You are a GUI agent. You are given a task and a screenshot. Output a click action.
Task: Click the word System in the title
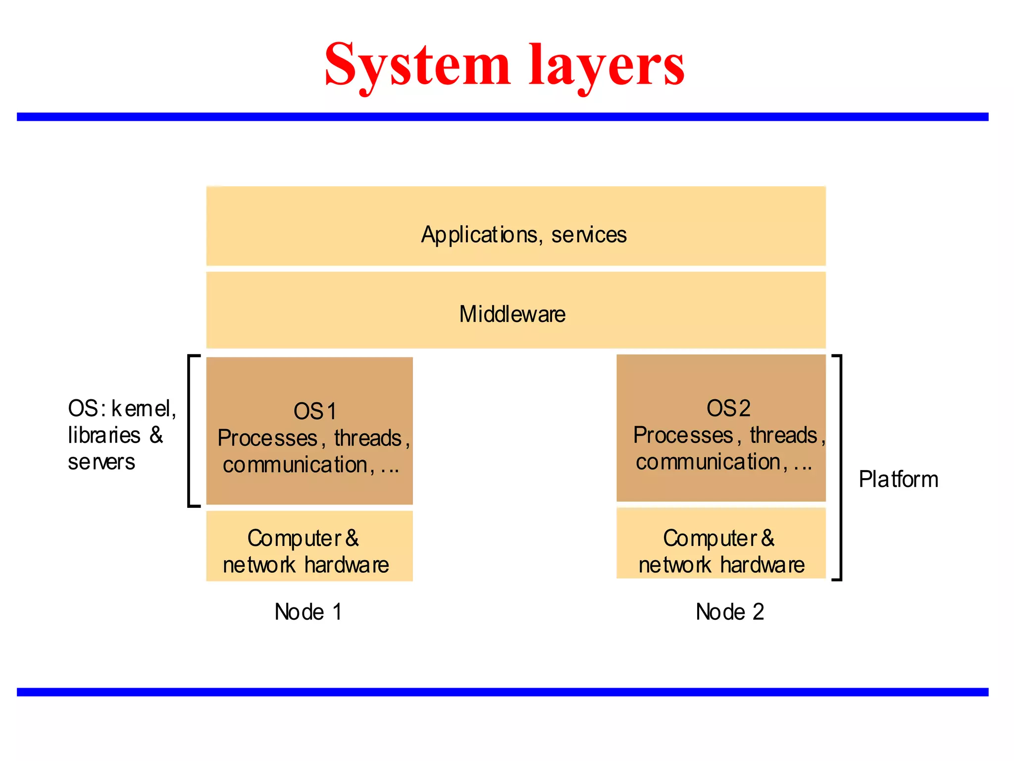417,65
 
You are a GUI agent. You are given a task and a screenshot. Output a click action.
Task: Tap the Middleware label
512,314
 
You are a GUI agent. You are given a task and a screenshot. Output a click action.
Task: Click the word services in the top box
589,235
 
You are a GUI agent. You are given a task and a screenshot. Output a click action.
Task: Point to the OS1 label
315,411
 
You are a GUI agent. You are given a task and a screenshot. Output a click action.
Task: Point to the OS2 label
728,408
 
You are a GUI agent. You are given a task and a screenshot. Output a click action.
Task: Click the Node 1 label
308,612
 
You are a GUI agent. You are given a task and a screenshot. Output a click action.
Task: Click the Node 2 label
729,612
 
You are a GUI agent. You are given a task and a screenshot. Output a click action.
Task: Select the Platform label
898,479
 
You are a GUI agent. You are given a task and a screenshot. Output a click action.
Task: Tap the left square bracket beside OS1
190,431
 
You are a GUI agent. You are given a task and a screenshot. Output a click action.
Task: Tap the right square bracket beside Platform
840,467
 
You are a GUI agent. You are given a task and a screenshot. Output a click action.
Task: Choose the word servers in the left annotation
101,462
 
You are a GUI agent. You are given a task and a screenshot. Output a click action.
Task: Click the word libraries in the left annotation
104,435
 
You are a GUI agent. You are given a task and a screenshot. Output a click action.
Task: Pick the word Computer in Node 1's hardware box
294,539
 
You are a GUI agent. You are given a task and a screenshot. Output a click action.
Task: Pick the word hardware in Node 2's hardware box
762,565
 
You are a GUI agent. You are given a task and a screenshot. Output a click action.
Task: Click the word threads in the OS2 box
783,435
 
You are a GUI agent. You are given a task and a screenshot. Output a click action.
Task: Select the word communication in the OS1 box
295,465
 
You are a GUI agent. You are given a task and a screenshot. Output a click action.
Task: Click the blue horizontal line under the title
502,117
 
